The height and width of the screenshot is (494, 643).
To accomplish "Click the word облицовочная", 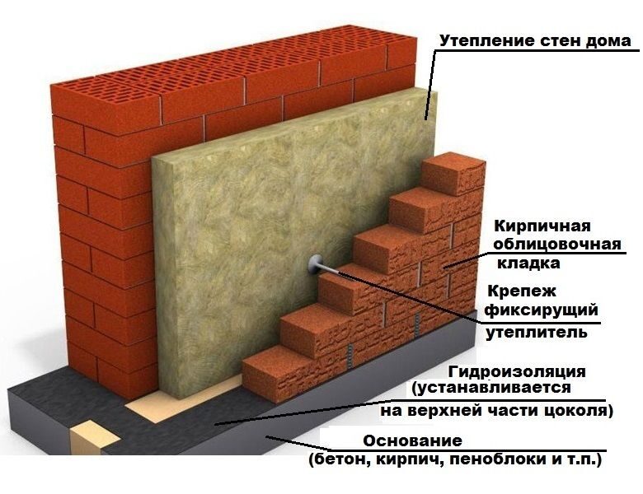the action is point(556,245).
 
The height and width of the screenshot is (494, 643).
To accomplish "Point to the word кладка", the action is point(528,263).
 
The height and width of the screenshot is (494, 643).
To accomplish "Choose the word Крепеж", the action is point(522,291).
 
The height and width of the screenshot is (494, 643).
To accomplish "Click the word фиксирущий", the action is point(542,310).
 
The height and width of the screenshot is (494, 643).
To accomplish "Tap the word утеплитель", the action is point(537,332).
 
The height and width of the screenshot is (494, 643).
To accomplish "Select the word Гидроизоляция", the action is point(517,372).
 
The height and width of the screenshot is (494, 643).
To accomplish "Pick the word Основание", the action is point(412,441).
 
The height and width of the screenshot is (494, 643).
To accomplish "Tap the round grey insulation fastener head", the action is point(315,264).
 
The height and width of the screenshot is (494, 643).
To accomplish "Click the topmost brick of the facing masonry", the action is point(453,174).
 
